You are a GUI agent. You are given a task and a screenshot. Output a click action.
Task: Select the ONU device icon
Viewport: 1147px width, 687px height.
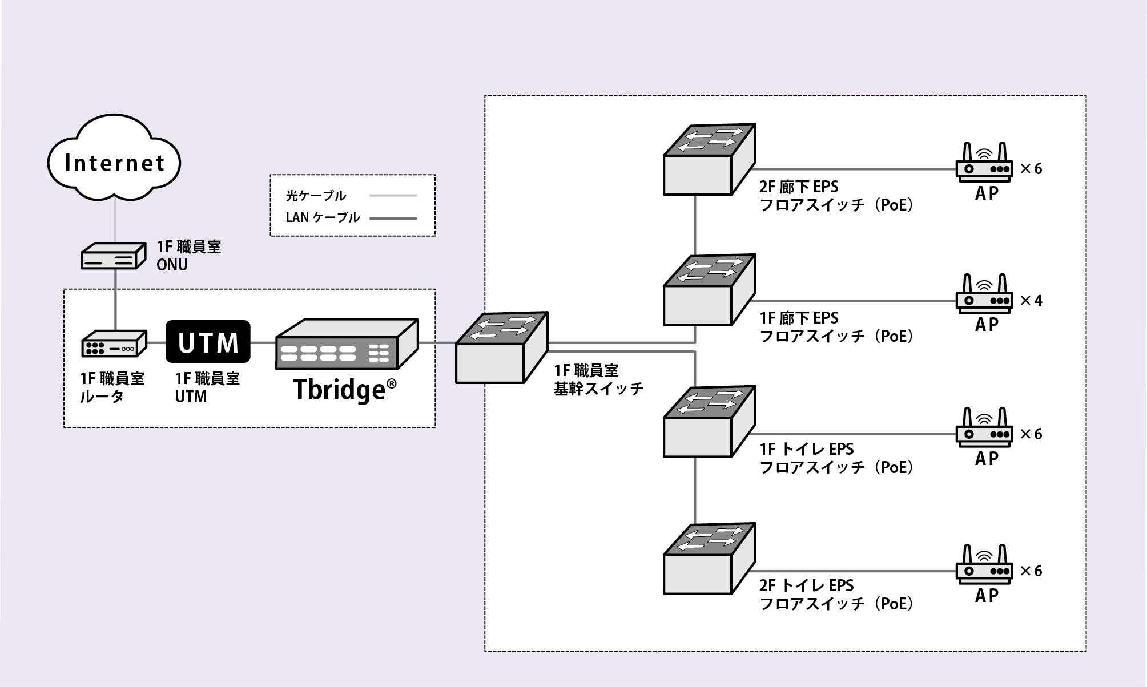112,257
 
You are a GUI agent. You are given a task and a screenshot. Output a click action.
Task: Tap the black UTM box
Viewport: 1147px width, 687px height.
208,342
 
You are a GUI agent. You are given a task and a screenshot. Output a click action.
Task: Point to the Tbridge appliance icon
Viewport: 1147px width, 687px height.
347,345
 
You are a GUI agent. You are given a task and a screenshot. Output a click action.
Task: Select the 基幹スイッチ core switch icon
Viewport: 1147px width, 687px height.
501,348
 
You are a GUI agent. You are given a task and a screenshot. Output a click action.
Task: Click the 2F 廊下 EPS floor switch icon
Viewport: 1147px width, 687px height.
709,160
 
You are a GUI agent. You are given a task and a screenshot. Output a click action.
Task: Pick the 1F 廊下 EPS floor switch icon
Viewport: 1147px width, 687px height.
709,291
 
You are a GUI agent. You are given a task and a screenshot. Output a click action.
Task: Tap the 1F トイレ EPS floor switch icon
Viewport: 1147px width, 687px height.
709,422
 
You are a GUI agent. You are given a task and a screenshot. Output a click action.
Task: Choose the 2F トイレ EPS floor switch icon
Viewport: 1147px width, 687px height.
709,559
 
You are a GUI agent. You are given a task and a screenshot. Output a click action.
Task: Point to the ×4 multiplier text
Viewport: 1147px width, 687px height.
1031,301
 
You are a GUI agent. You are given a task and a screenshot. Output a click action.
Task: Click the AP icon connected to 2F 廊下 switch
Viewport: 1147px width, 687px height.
984,163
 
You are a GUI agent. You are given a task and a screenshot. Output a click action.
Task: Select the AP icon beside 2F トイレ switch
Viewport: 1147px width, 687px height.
984,565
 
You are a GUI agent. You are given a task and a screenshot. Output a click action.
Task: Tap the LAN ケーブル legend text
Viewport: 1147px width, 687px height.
323,217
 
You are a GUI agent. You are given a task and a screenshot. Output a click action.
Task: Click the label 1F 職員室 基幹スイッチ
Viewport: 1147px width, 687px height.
598,379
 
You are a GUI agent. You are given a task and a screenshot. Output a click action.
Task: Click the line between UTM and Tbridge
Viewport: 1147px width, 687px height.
263,343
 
